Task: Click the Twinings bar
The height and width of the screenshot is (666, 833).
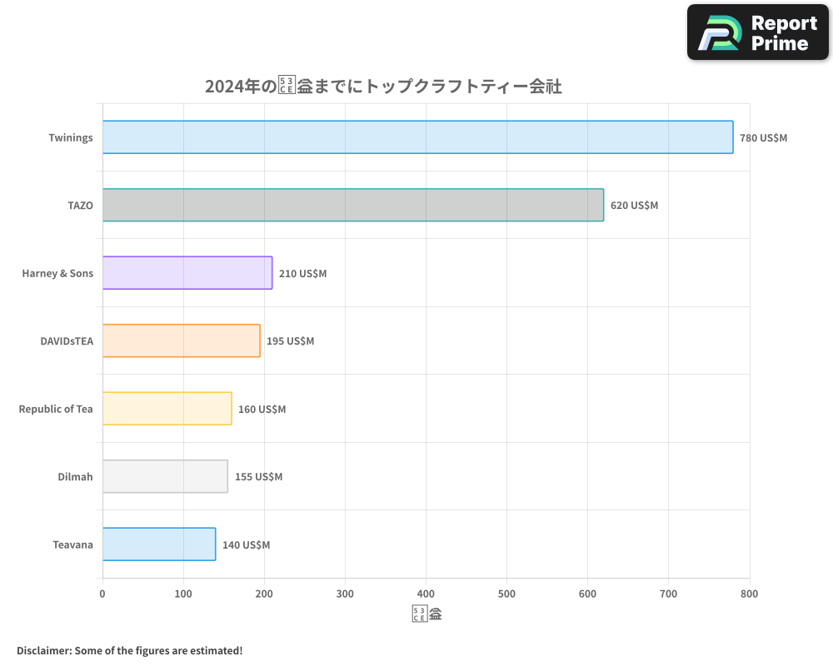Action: (x=417, y=137)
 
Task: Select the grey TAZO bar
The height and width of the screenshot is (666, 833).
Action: (x=352, y=205)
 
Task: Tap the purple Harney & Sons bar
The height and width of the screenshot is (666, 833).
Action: (x=187, y=273)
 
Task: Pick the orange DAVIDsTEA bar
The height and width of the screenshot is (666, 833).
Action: (x=181, y=340)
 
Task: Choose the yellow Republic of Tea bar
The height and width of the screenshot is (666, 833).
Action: (x=167, y=409)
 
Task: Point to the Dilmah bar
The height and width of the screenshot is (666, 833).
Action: (x=165, y=476)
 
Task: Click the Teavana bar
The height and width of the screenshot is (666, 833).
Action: (x=159, y=544)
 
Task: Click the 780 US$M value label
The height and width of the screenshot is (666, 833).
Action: (x=763, y=138)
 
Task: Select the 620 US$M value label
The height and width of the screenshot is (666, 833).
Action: (x=634, y=206)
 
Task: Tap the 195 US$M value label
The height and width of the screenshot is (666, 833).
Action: (x=290, y=341)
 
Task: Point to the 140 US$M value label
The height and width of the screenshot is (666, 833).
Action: (x=246, y=545)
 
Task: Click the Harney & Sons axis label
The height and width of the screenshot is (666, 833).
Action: (x=57, y=273)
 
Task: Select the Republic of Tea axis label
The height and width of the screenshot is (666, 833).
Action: (x=56, y=409)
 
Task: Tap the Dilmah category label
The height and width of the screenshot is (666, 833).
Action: (x=75, y=477)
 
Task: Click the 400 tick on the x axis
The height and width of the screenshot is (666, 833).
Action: (x=426, y=594)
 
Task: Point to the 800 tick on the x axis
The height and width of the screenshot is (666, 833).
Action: (x=749, y=594)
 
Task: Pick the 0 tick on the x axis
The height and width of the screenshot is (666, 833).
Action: (x=102, y=594)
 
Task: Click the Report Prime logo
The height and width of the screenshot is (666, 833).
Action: (x=757, y=32)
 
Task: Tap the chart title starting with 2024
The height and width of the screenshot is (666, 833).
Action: (x=383, y=87)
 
